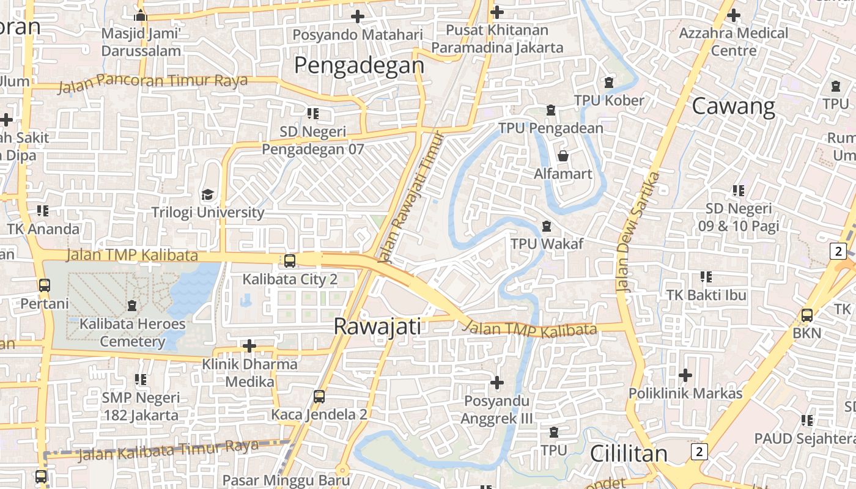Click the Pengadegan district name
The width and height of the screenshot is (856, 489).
point(359,65)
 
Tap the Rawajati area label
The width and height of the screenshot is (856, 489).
point(377,326)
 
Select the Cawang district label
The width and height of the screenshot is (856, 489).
point(733,106)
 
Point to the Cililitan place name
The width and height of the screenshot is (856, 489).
point(629,454)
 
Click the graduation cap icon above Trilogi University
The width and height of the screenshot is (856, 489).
point(208,195)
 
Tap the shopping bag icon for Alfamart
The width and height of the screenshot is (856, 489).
point(563,156)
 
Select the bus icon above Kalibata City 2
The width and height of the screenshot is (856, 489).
point(290,261)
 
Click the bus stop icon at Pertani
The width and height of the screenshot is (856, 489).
point(45,285)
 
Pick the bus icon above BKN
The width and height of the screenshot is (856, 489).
point(807,315)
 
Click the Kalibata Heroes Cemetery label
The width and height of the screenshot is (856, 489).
point(132,333)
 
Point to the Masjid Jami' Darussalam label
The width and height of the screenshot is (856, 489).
point(141,42)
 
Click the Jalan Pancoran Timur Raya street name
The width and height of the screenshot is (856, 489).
point(153,83)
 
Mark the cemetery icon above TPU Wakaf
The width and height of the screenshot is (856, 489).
point(547,226)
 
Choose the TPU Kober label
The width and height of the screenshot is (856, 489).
point(608,100)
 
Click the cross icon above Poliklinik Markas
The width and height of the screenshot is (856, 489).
point(685,375)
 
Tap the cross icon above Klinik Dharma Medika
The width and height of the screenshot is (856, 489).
point(249,346)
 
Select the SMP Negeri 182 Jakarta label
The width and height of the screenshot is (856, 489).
point(141,406)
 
